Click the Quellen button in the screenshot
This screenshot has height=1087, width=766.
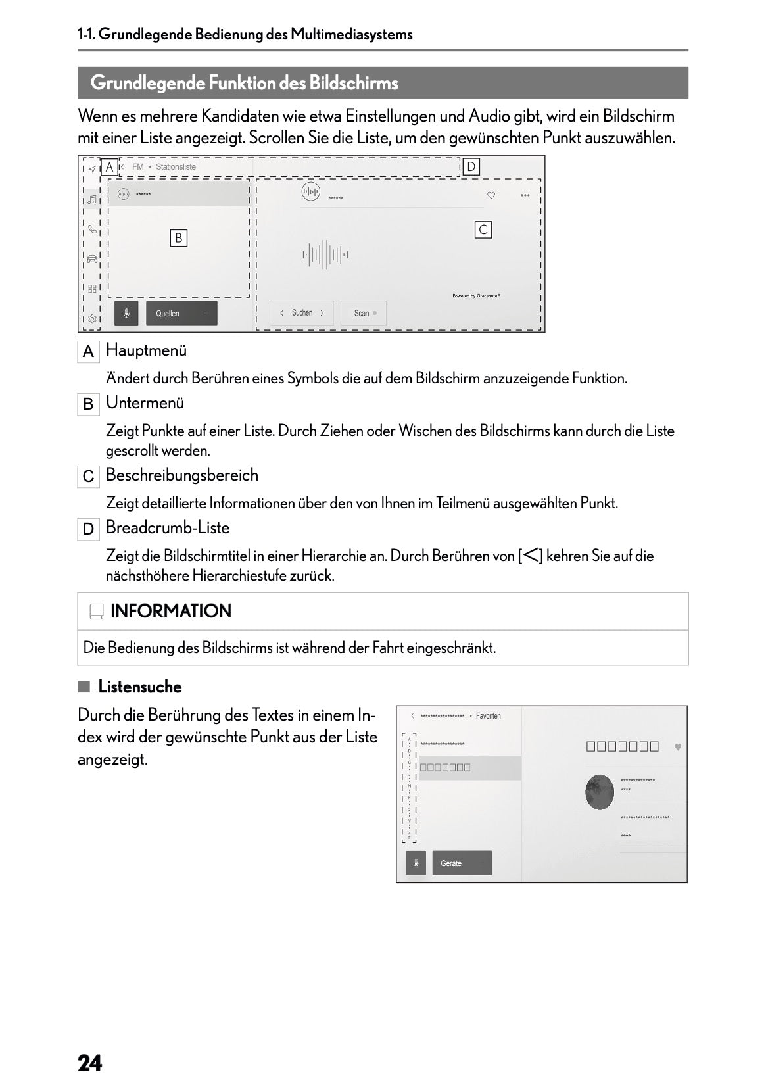pos(181,313)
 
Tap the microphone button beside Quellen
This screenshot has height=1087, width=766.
pos(126,313)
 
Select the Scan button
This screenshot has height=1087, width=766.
pos(363,313)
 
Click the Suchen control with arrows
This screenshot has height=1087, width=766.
pos(302,313)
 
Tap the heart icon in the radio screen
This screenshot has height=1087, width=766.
pos(491,195)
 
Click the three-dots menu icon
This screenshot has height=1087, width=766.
pos(525,195)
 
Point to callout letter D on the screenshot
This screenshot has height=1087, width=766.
pos(471,167)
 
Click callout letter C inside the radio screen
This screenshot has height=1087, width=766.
pos(483,229)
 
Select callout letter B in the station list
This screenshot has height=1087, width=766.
pos(178,238)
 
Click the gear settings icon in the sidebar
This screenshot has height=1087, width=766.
pos(93,319)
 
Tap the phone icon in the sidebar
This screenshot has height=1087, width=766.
pos(93,229)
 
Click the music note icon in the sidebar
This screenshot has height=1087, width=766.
pos(93,199)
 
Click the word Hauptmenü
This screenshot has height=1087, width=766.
pos(146,350)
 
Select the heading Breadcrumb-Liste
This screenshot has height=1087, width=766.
pos(167,527)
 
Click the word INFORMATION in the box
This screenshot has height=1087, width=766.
pos(171,611)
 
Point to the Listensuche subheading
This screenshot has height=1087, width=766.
pos(139,687)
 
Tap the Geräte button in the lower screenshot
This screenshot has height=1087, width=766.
pos(461,863)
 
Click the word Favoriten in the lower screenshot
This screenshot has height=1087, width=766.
pos(488,715)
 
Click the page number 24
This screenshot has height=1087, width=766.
pos(90,1045)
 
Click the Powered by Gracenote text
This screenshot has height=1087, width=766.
pos(476,296)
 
